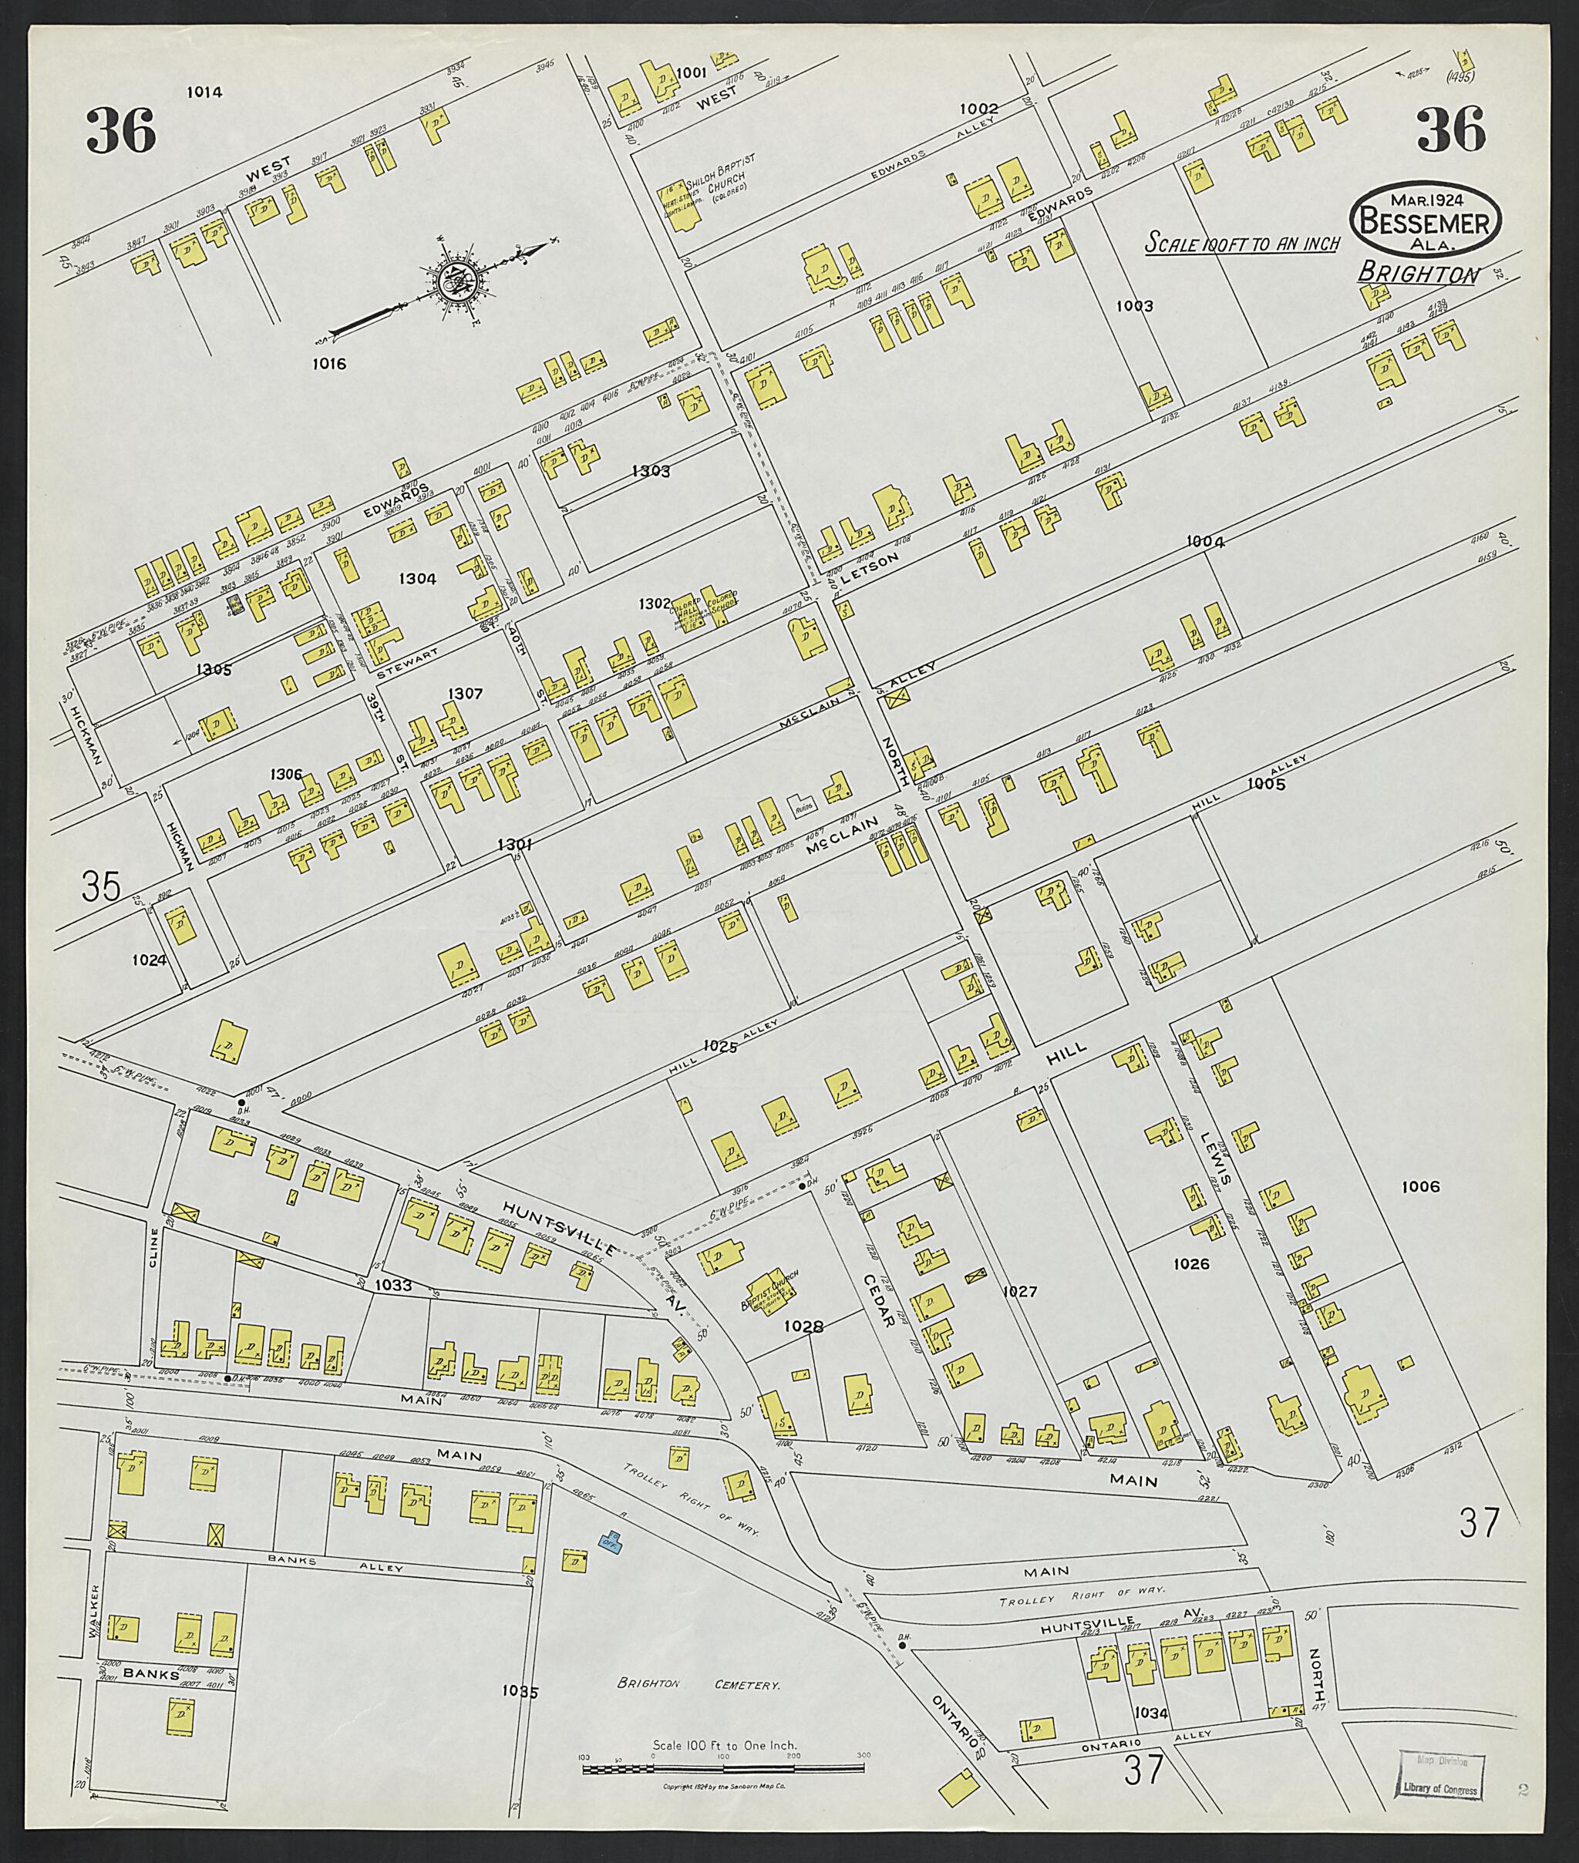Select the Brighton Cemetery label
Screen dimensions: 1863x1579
(699, 1686)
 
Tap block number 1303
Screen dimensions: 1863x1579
(651, 471)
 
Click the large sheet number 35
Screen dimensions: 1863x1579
(100, 888)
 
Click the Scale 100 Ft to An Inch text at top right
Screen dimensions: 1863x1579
(1242, 244)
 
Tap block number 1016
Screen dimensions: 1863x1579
(329, 363)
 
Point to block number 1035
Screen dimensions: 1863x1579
(520, 1692)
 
